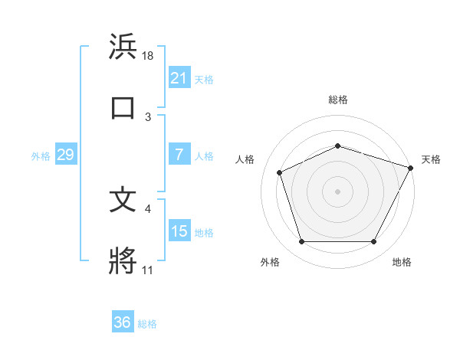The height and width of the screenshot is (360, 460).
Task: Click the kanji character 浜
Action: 123,47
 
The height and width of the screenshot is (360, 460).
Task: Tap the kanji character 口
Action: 123,106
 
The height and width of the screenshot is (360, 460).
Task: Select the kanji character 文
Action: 123,201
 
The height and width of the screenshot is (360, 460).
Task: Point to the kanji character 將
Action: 123,260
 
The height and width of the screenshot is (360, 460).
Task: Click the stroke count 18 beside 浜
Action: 148,56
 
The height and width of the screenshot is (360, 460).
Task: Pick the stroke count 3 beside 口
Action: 148,116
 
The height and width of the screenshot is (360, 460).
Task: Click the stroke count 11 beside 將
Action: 148,270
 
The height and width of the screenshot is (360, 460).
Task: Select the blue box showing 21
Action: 179,77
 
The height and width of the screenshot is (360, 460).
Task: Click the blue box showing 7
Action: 179,155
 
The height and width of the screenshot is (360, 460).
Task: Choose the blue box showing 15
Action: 179,231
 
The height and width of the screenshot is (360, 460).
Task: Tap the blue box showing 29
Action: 65,155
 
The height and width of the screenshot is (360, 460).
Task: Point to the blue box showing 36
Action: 122,322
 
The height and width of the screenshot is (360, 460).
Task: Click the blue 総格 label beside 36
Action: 147,324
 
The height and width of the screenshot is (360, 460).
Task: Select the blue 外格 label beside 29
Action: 41,156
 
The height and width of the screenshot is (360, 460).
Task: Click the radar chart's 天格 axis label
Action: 431,159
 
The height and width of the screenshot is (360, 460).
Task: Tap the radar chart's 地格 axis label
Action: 402,262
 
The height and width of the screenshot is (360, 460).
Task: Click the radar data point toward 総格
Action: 337,145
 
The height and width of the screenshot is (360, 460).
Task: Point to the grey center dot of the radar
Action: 337,191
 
